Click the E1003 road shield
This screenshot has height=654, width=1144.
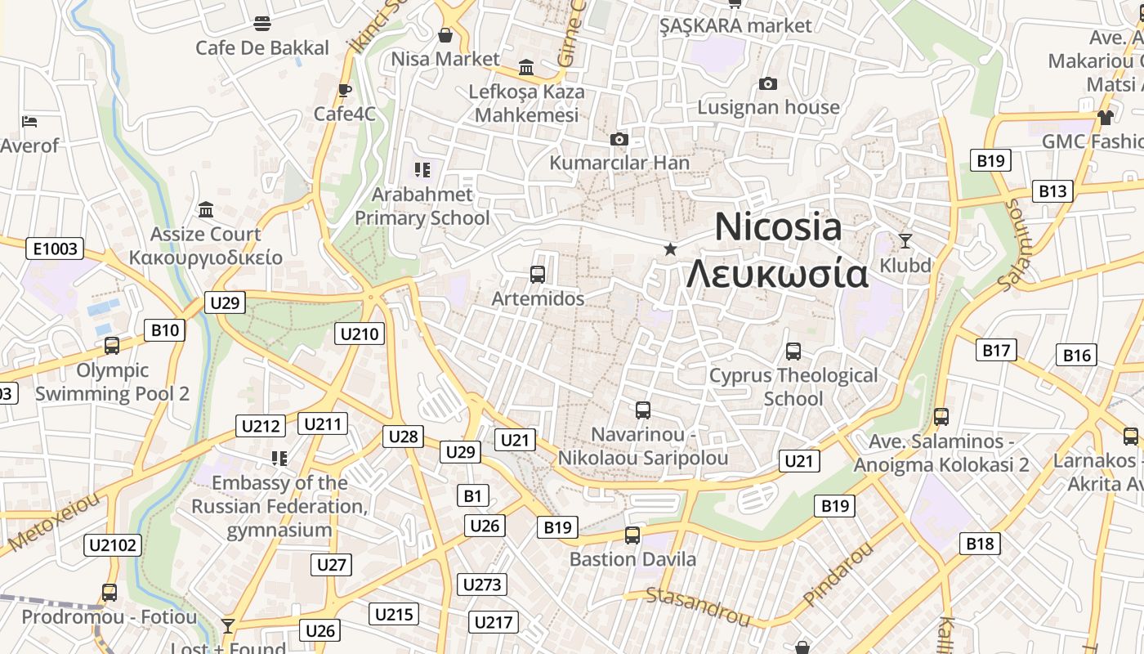[x=56, y=249]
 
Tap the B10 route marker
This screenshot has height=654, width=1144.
[x=165, y=330]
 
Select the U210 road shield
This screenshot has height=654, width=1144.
[x=360, y=334]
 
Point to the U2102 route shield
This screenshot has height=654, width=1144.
[x=114, y=544]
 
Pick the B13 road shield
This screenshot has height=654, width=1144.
[x=1052, y=191]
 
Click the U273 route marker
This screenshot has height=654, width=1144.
[x=482, y=585]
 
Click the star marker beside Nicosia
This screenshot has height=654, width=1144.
[x=670, y=249]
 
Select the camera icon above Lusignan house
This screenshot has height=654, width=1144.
[x=767, y=83]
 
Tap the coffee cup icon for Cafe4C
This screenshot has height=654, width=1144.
[x=345, y=90]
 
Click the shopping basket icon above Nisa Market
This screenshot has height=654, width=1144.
[x=445, y=35]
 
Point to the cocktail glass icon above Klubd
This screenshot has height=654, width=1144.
[x=905, y=240]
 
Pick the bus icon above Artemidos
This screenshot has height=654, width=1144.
[x=538, y=275]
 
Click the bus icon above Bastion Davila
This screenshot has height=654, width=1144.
[x=632, y=535]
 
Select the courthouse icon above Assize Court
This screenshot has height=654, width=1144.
[x=206, y=210]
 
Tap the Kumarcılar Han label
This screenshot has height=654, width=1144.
[x=619, y=163]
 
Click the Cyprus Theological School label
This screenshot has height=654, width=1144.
[x=793, y=387]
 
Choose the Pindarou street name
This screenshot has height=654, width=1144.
[x=838, y=575]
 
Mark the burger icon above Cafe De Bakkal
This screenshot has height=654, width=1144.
[x=261, y=23]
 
